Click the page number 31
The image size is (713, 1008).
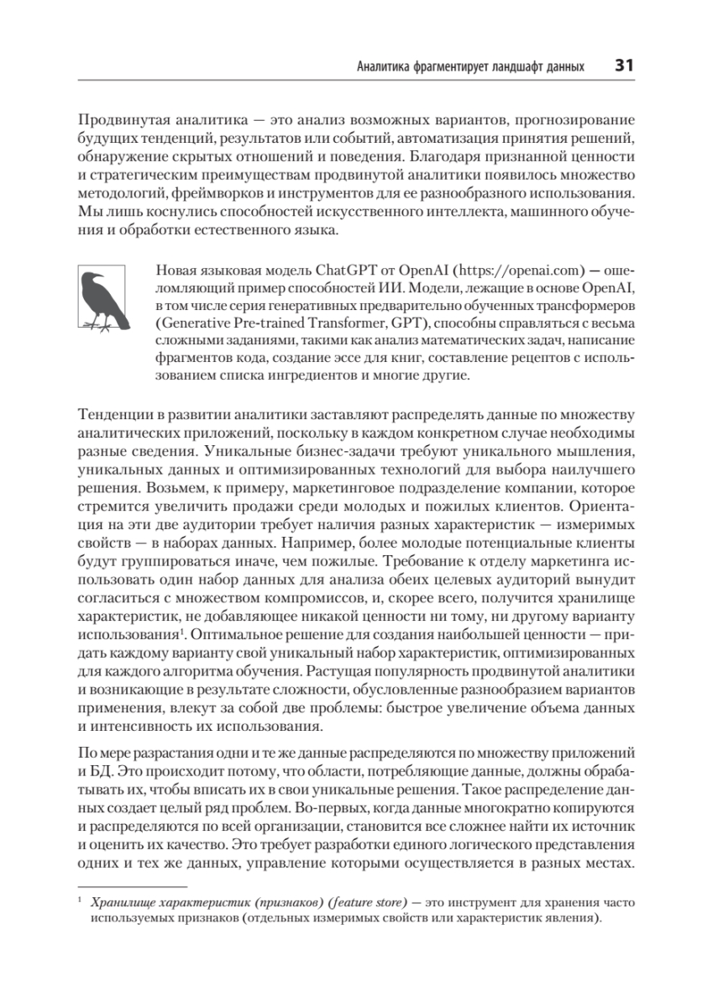pyautogui.click(x=624, y=65)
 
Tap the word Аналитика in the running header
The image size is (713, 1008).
pyautogui.click(x=385, y=66)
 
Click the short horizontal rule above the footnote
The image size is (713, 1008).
pyautogui.click(x=131, y=885)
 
